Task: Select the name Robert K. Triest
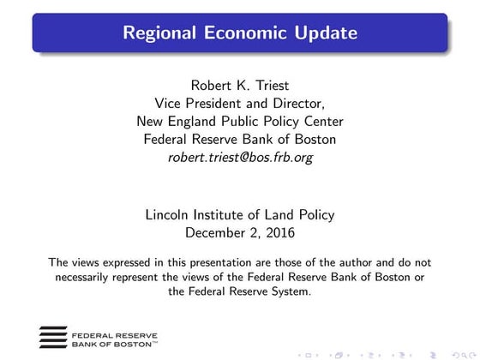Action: [x=240, y=86]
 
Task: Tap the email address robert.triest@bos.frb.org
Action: [x=240, y=158]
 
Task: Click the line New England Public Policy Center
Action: [x=240, y=122]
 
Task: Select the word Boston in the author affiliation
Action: [x=315, y=140]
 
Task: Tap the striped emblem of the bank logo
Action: [x=54, y=335]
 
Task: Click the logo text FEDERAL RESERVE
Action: [x=107, y=332]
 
